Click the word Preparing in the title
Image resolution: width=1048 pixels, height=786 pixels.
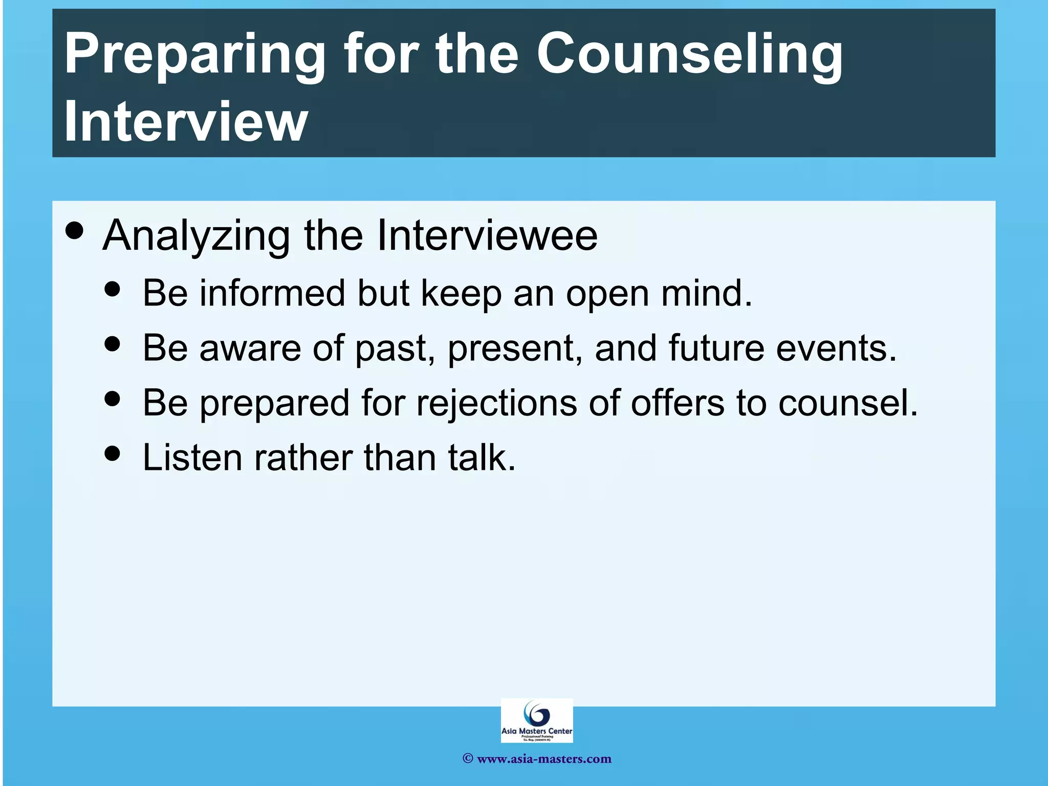195,55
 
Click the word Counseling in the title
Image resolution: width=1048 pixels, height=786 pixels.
689,55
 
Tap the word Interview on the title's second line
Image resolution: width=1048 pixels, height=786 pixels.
185,122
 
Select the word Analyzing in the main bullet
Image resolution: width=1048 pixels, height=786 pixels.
196,236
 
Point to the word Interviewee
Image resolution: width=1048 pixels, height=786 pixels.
487,235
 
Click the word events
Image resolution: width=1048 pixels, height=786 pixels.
836,348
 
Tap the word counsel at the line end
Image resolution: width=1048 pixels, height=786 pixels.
847,403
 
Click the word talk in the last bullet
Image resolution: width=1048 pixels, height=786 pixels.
482,457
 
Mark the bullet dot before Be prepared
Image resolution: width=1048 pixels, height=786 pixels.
112,398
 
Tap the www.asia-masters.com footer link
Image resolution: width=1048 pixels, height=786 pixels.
544,759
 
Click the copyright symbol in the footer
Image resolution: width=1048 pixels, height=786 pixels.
467,759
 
